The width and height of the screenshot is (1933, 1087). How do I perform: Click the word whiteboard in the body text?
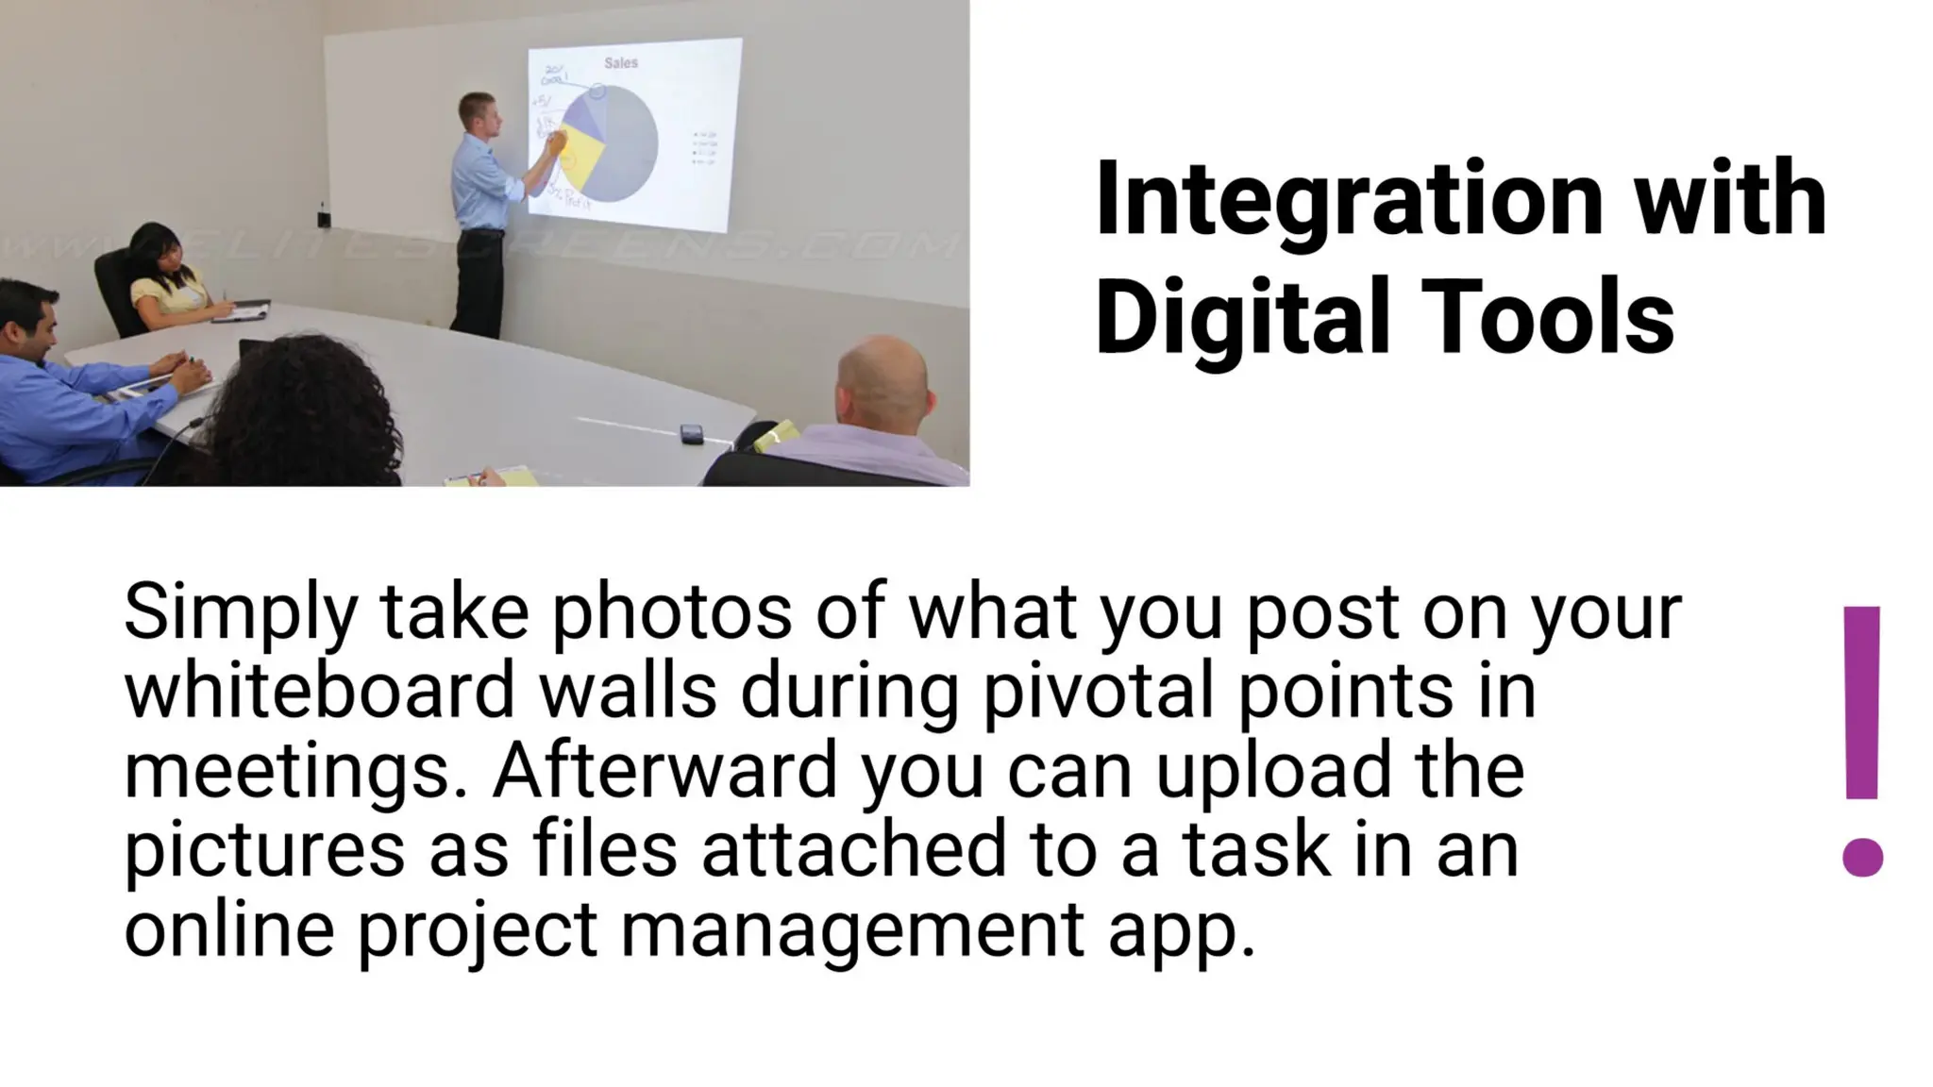(x=319, y=692)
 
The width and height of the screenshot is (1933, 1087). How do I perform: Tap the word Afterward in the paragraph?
(x=664, y=770)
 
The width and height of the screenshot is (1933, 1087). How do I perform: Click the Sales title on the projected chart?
(x=621, y=63)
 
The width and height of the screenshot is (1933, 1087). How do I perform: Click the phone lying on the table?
(x=692, y=433)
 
